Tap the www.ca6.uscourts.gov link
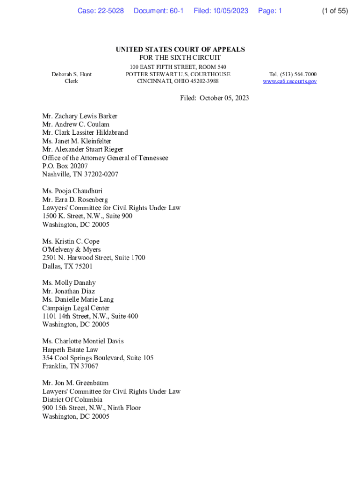point(289,81)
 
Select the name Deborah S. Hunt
point(72,74)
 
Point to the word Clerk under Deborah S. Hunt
point(71,81)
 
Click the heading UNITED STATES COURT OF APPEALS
point(180,50)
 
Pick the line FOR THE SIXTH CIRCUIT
point(180,58)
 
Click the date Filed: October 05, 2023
point(215,98)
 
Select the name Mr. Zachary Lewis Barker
point(79,116)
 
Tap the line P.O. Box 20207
point(65,166)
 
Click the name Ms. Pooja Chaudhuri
point(72,191)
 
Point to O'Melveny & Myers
point(71,250)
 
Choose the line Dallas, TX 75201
point(67,266)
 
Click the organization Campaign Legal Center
point(76,308)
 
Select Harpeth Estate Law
point(70,349)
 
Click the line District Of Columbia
point(72,399)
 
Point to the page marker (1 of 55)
point(335,11)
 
